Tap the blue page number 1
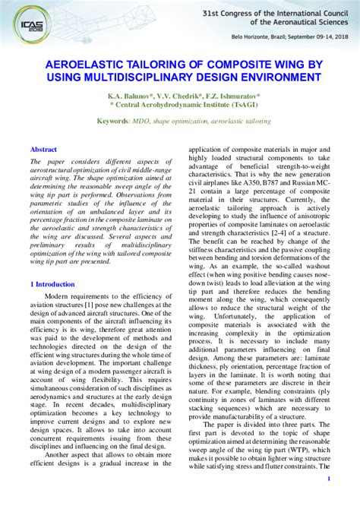tap(328, 479)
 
